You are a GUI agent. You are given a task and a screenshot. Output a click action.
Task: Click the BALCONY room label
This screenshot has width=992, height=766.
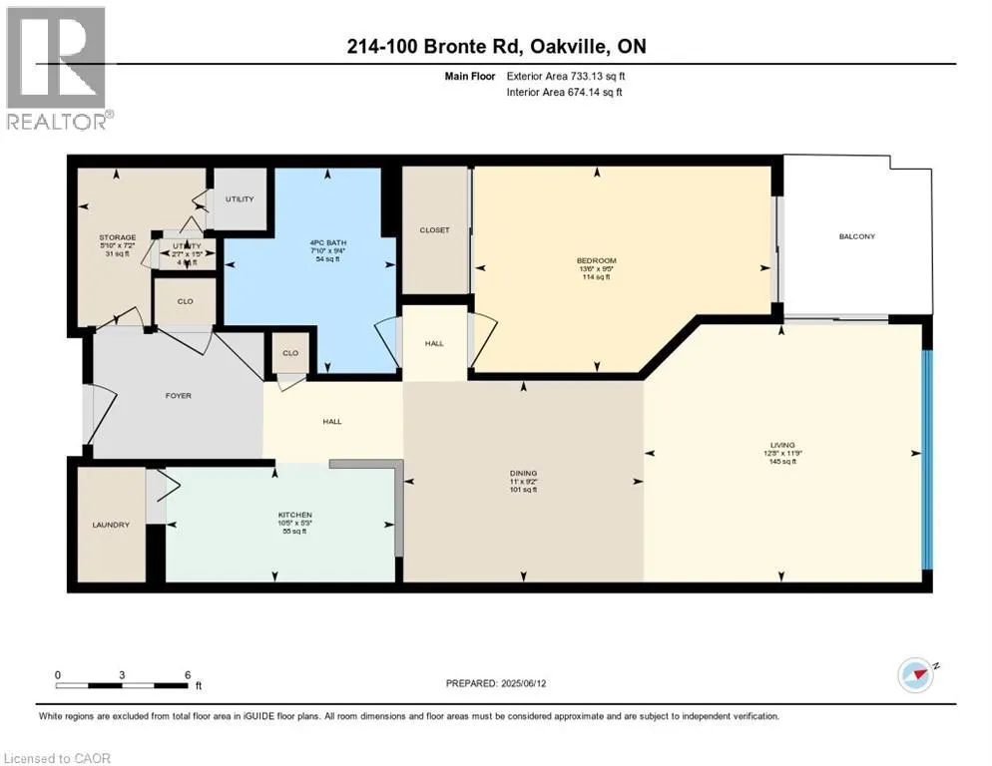pos(856,236)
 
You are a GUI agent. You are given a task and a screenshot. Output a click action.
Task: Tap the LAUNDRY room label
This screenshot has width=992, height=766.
pos(111,525)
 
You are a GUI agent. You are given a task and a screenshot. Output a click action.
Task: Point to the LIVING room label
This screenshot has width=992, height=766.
pos(781,446)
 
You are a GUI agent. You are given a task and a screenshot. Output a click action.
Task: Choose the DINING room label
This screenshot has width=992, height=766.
pos(523,473)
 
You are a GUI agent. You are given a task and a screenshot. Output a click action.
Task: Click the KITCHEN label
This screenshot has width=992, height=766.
pos(295,516)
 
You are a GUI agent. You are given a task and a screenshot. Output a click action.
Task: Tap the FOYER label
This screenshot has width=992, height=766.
pos(178,396)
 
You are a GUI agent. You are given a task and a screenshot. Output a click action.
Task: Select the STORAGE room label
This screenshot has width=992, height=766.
pos(117,237)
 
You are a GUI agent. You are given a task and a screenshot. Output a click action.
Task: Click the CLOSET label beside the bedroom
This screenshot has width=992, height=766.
pos(434,229)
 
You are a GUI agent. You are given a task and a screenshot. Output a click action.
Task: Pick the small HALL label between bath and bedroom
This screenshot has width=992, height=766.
pos(434,343)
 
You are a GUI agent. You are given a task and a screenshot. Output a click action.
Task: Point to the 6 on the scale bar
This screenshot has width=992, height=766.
pos(188,674)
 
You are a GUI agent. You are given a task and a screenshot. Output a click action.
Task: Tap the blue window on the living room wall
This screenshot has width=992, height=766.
pos(927,459)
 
